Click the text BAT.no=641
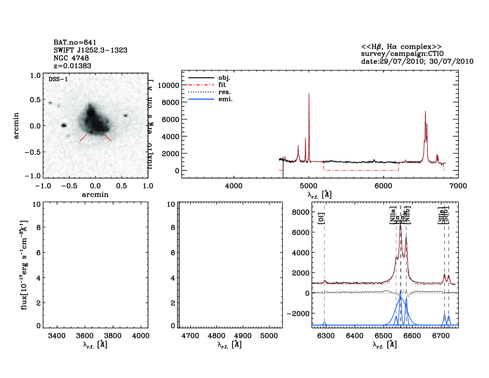click(75, 42)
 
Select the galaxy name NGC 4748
click(71, 58)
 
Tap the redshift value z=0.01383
click(72, 66)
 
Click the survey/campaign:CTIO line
click(402, 54)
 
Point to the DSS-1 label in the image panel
click(58, 79)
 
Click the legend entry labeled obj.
click(224, 78)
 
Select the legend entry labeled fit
click(222, 85)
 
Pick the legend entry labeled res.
click(224, 92)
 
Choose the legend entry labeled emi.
click(226, 99)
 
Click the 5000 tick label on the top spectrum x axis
click(309, 186)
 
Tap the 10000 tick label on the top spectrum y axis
click(168, 85)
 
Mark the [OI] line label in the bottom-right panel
click(321, 218)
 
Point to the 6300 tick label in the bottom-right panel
click(326, 336)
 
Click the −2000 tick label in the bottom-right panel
click(298, 314)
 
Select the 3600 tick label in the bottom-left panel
click(85, 336)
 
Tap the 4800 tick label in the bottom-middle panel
click(216, 336)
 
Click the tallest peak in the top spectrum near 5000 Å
click(309, 94)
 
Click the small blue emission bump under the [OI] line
click(325, 323)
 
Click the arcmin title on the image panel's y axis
click(16, 125)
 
